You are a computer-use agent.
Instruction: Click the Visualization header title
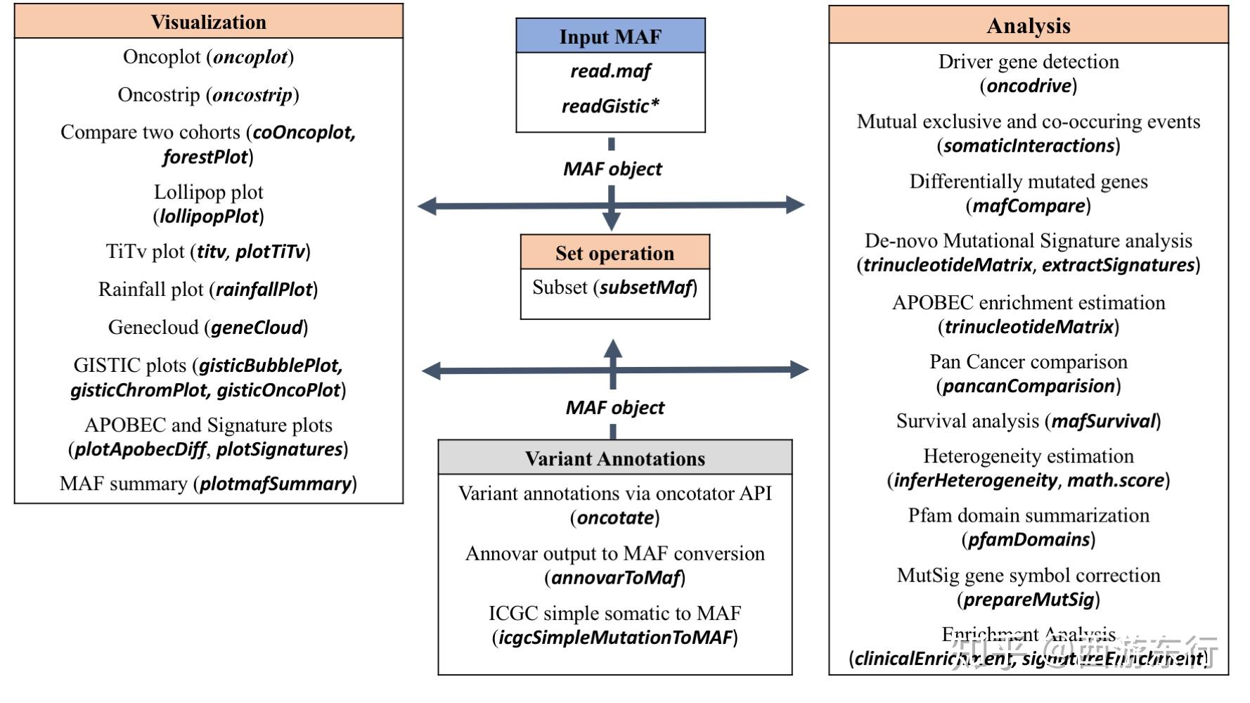tap(208, 22)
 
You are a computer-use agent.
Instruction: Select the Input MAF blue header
tap(610, 37)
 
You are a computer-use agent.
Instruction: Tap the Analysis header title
tap(1028, 26)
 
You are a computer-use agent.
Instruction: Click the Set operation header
tap(614, 253)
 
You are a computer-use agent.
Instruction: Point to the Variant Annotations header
tap(614, 458)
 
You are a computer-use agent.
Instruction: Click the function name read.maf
tap(610, 71)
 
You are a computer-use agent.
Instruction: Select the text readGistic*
tap(610, 106)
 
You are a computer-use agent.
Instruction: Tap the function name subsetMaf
tap(645, 288)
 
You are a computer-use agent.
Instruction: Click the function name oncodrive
tap(1028, 86)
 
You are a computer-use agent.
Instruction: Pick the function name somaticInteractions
tap(1028, 146)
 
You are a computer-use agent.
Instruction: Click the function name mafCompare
tap(1028, 206)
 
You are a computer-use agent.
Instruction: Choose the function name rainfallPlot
tap(264, 290)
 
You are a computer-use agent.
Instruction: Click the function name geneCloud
tap(257, 328)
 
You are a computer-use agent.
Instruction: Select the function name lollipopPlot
tap(209, 217)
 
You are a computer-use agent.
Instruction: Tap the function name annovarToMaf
tap(615, 578)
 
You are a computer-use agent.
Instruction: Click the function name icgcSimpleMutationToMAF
tap(615, 638)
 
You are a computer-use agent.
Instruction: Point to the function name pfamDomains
tap(1028, 540)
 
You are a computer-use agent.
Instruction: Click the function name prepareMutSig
tap(1028, 600)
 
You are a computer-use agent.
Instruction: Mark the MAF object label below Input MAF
tap(612, 169)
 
